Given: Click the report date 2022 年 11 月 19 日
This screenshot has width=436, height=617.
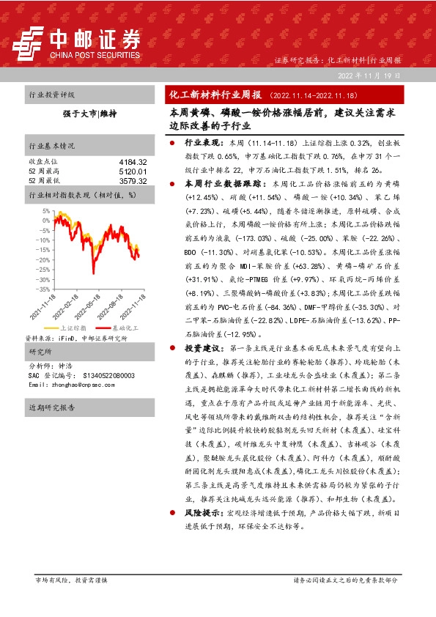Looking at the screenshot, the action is click(369, 75).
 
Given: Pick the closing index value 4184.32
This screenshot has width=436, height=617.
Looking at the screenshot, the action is click(133, 161).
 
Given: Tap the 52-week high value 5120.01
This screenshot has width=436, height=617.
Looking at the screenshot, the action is click(133, 171).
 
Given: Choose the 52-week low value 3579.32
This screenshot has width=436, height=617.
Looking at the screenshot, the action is click(133, 180).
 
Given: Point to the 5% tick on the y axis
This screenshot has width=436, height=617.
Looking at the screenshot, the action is click(45, 211).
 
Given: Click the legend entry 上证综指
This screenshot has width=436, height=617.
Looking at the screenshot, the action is click(74, 328).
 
